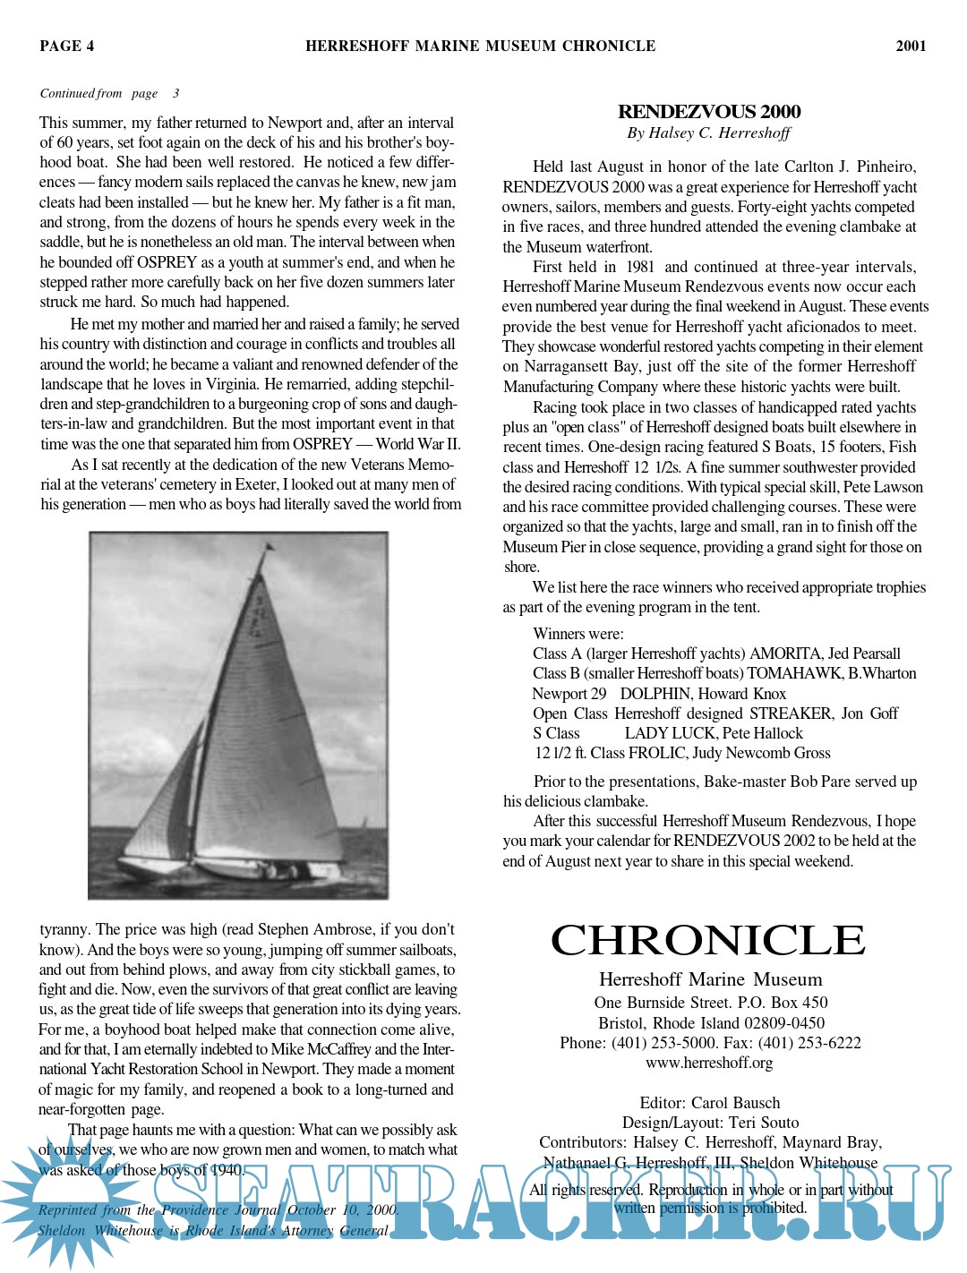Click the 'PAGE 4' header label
[66, 46]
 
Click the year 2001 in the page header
[911, 46]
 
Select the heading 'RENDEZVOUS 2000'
[709, 112]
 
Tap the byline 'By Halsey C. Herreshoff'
[708, 132]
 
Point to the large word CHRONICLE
[707, 940]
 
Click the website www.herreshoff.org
[709, 1063]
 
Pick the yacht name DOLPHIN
[655, 694]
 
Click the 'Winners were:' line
[578, 634]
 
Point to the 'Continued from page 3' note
[109, 93]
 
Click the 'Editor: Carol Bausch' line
[709, 1103]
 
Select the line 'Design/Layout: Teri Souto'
[710, 1123]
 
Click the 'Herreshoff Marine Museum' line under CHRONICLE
[710, 979]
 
